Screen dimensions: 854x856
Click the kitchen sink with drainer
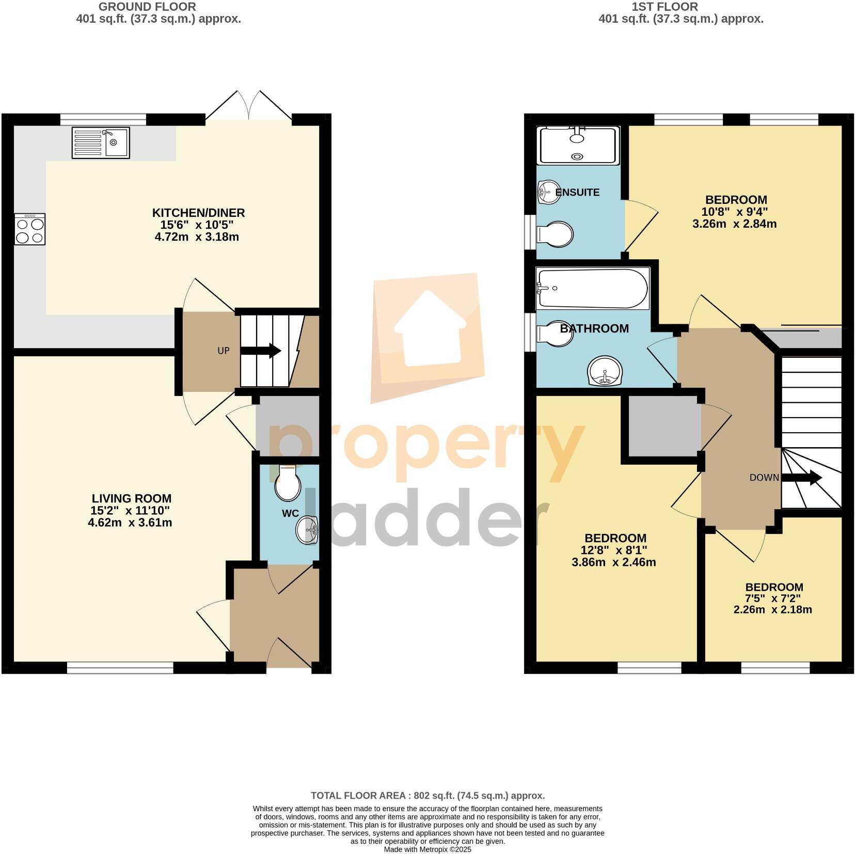click(x=101, y=143)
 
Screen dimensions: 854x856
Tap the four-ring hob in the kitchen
click(x=30, y=229)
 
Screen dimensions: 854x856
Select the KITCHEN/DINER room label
click(x=198, y=213)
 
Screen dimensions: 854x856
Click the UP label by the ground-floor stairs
click(x=223, y=351)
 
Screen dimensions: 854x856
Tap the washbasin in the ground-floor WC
click(x=307, y=530)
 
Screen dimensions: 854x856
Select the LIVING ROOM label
click(x=132, y=499)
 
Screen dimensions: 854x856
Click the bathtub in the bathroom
click(x=592, y=289)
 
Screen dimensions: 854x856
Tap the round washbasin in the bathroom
click(x=605, y=371)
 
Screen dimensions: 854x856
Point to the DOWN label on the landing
click(x=764, y=478)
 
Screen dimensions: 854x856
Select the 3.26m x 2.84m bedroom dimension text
click(x=735, y=224)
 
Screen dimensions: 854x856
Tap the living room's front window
click(x=120, y=669)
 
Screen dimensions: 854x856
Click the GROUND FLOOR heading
click(x=147, y=7)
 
